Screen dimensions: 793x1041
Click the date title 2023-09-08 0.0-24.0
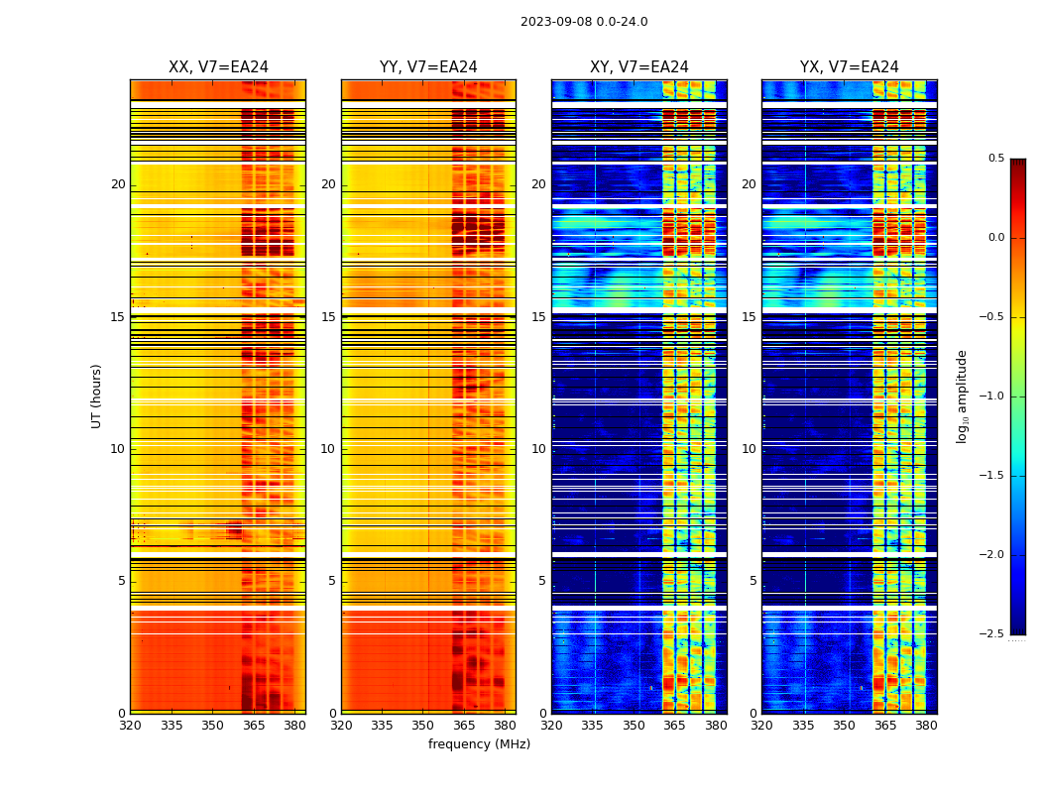584,22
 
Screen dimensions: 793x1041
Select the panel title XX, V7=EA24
218,67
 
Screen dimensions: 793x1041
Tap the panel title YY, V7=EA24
428,67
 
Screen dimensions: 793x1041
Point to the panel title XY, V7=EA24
639,67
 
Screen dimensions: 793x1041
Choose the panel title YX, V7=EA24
850,67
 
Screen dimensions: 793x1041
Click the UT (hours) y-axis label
96,396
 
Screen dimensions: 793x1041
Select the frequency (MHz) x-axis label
479,744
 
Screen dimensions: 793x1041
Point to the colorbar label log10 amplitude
962,396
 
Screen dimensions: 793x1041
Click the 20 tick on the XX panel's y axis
118,184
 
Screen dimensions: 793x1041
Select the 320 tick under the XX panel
130,726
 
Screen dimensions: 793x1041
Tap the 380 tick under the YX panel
926,726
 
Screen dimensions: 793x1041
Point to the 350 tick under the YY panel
423,726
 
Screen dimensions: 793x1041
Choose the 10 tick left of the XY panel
538,449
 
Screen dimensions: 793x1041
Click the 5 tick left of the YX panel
752,581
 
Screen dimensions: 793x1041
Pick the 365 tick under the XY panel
674,726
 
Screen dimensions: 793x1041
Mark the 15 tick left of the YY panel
328,317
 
